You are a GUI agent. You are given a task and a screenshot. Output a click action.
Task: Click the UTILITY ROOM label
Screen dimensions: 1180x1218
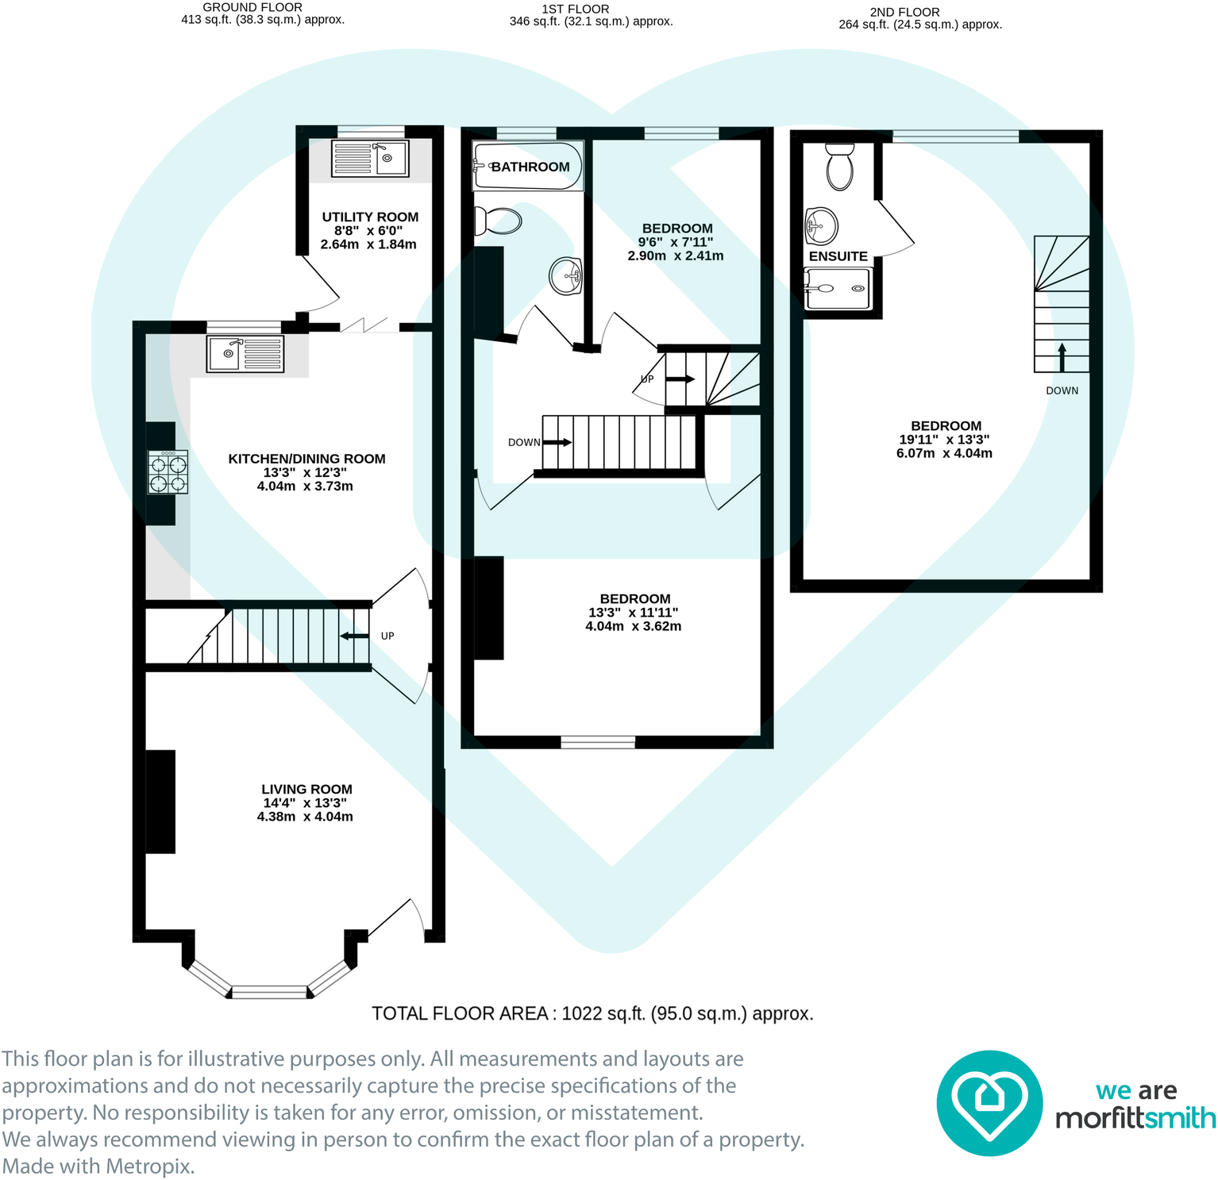(370, 217)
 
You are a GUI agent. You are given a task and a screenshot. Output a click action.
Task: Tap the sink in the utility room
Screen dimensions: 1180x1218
(370, 159)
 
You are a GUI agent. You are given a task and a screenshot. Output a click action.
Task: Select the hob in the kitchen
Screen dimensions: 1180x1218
(168, 472)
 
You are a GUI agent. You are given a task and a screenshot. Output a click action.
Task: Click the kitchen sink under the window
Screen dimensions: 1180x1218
(245, 354)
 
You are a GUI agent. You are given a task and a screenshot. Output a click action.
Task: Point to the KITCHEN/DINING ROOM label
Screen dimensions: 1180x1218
(306, 459)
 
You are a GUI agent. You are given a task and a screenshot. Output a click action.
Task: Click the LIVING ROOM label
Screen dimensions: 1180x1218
(306, 789)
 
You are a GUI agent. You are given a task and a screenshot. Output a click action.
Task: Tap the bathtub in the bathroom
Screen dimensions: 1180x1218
(528, 167)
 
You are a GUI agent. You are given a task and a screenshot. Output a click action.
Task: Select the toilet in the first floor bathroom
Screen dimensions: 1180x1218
(498, 221)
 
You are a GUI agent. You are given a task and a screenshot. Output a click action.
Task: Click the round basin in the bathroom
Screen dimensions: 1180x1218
(566, 276)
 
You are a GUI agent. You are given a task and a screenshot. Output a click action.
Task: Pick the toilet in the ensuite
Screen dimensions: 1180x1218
(839, 166)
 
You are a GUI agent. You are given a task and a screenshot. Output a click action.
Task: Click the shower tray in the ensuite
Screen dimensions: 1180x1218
(838, 289)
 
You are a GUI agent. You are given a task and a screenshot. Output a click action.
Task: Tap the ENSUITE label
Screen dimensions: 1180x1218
(838, 256)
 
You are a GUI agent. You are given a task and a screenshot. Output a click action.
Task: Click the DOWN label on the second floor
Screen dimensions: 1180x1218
(1062, 390)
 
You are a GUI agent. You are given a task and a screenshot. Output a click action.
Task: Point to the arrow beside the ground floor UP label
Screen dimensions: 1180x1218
(355, 636)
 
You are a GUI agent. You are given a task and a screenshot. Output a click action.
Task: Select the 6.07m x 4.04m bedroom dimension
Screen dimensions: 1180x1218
(944, 453)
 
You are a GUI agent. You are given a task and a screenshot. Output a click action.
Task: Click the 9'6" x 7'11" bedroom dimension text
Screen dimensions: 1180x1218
(676, 242)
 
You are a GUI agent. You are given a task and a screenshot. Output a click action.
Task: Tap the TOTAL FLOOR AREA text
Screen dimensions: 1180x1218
(592, 1013)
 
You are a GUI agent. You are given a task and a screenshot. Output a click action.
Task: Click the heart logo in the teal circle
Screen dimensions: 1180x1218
(989, 1102)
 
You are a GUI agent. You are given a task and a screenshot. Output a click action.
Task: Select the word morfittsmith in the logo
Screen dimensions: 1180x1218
(1135, 1118)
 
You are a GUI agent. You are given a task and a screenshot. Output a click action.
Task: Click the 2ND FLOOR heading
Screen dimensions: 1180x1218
(904, 12)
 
